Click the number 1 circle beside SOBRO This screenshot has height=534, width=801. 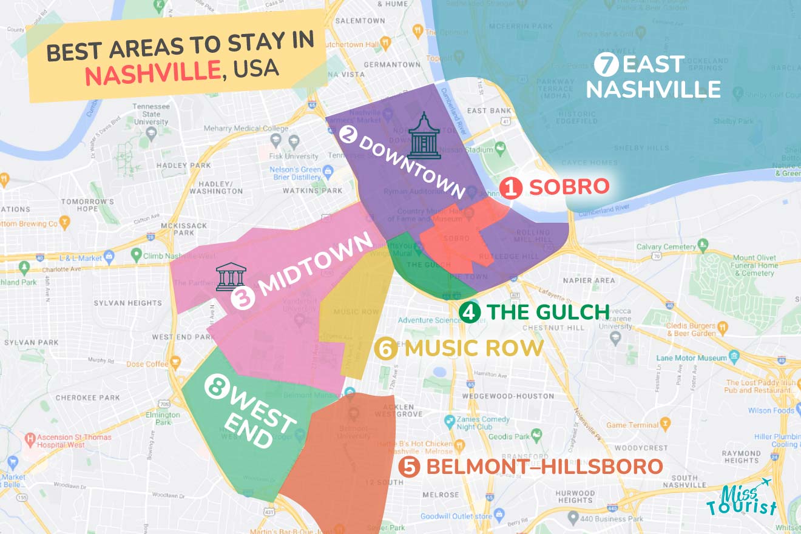tap(511, 188)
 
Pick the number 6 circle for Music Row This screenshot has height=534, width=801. tap(386, 348)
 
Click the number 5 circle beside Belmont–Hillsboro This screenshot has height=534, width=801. tap(410, 467)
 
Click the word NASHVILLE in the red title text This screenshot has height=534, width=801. tap(152, 73)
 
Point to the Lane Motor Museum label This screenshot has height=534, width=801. tap(692, 358)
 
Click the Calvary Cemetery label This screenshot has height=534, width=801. tap(666, 247)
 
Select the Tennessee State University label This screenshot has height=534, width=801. tap(151, 114)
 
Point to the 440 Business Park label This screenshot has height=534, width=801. tap(613, 519)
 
